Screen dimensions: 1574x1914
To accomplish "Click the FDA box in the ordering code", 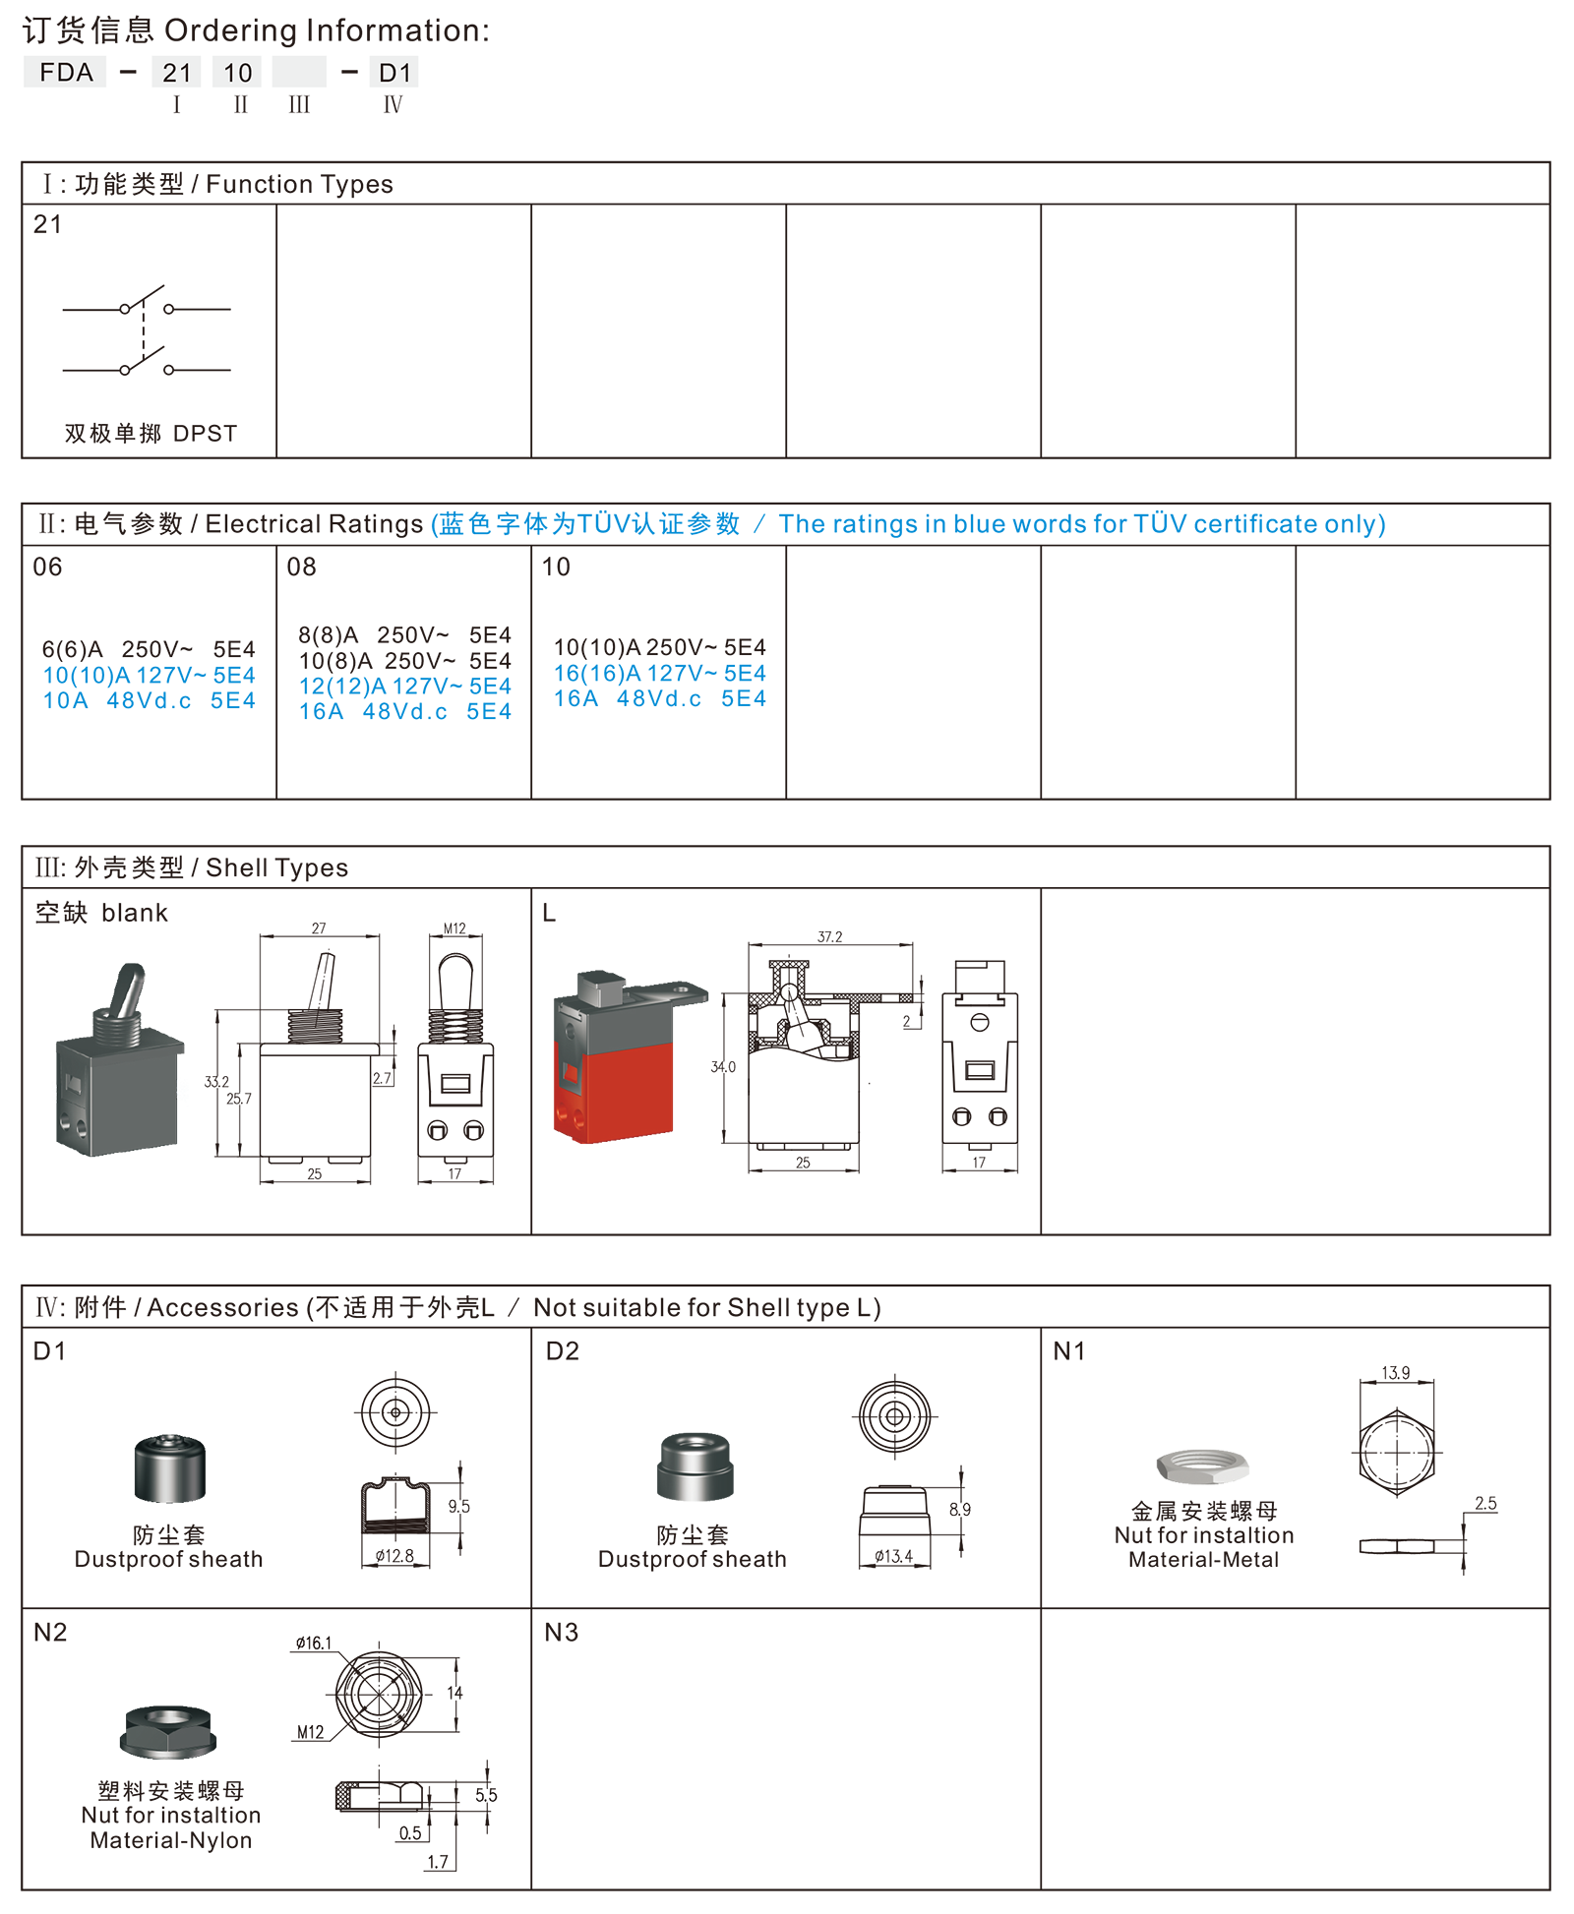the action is [65, 72].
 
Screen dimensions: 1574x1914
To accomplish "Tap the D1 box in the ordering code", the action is [394, 72].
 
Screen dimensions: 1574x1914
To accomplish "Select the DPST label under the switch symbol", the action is [206, 434].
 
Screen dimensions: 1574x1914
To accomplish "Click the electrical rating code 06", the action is [47, 567].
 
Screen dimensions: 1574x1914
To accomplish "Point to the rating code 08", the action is [301, 567].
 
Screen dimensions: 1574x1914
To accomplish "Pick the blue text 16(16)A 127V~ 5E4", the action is [659, 673].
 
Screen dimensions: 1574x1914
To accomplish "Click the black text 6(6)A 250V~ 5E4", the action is [149, 649].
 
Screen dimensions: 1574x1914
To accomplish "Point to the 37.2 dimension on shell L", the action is [829, 936].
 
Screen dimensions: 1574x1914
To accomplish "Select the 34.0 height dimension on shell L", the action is [723, 1066].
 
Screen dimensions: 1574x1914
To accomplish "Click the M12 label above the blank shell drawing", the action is [454, 928].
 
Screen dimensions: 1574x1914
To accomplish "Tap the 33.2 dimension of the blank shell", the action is [216, 1082].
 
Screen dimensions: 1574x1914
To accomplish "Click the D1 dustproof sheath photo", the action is [170, 1468].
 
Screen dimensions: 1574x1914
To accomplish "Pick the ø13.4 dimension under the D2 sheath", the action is [893, 1556].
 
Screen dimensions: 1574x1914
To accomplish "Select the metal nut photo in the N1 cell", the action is [1202, 1465].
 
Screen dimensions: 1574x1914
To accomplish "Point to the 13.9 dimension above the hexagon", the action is [1395, 1372].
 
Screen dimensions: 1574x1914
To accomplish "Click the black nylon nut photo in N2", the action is [168, 1731].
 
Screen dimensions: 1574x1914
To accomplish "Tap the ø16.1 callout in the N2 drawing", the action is [314, 1643].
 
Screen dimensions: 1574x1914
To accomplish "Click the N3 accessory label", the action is [561, 1633].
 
